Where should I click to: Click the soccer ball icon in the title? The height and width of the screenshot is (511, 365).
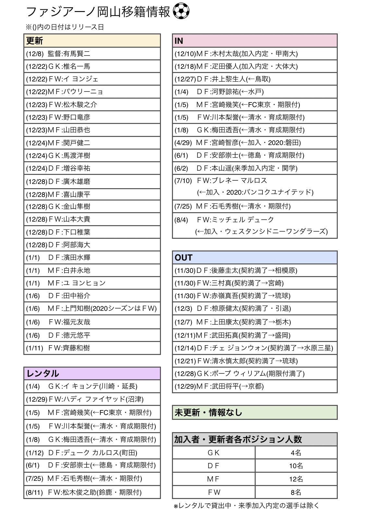pyautogui.click(x=181, y=12)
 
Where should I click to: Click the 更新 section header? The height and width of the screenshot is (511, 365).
pyautogui.click(x=92, y=41)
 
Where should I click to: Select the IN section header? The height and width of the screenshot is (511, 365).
pyautogui.click(x=254, y=41)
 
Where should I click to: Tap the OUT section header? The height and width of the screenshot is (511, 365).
pyautogui.click(x=254, y=258)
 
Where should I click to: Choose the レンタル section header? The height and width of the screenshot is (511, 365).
pyautogui.click(x=92, y=373)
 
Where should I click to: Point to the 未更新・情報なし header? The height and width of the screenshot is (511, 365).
pyautogui.click(x=254, y=412)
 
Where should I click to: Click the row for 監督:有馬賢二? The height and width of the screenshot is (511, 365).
pyautogui.click(x=92, y=54)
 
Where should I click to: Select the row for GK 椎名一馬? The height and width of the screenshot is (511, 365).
pyautogui.click(x=92, y=66)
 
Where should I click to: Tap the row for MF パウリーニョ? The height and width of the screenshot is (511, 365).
pyautogui.click(x=92, y=92)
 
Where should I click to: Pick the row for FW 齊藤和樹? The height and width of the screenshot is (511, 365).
pyautogui.click(x=92, y=348)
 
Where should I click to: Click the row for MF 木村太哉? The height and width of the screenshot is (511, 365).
pyautogui.click(x=254, y=54)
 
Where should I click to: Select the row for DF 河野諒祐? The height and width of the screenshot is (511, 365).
pyautogui.click(x=254, y=92)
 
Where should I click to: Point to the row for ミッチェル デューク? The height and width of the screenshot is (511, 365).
pyautogui.click(x=254, y=225)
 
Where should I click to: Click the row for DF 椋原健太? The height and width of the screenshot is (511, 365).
pyautogui.click(x=254, y=309)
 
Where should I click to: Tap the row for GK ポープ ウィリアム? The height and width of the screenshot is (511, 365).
pyautogui.click(x=254, y=373)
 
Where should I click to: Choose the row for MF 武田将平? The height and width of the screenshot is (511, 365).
pyautogui.click(x=254, y=386)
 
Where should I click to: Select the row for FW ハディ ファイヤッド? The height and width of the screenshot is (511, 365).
pyautogui.click(x=92, y=399)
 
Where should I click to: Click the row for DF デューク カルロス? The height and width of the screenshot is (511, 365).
pyautogui.click(x=92, y=453)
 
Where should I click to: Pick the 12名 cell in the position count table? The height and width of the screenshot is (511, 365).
pyautogui.click(x=296, y=479)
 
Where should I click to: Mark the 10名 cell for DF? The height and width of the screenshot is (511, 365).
pyautogui.click(x=296, y=466)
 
